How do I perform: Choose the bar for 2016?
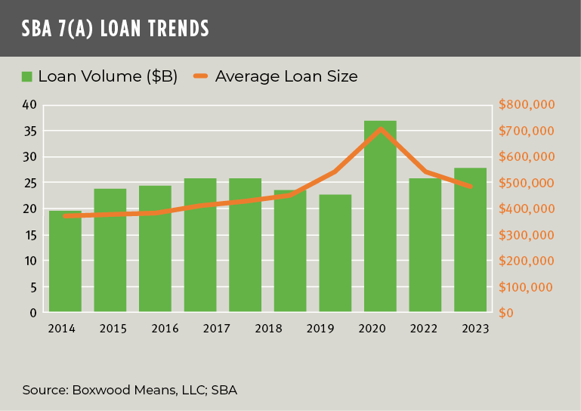tap(155, 249)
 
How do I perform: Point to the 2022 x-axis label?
tap(425, 329)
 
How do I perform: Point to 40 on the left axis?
tap(29, 105)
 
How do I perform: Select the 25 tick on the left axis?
tap(29, 183)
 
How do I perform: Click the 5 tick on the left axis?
tap(33, 287)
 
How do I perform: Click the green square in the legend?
tap(27, 76)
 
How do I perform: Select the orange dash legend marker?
tap(200, 76)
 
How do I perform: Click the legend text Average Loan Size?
tap(286, 76)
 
